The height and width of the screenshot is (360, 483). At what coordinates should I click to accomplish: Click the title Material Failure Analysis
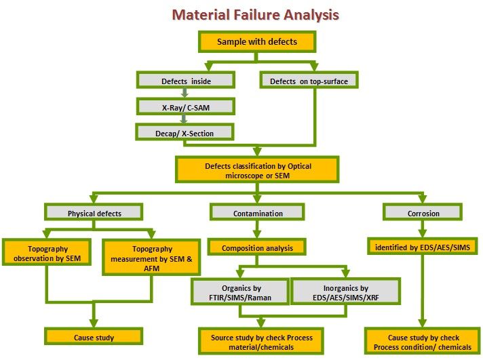pos(255,15)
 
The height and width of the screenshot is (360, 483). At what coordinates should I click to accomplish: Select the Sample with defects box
pos(257,41)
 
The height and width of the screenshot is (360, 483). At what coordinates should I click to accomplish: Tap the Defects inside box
pos(186,81)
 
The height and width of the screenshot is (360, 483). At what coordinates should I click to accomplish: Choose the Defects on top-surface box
pos(309,81)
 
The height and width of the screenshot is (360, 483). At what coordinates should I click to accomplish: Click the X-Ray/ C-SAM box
pos(186,106)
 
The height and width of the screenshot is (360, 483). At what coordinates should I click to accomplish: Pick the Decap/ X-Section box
pos(185,132)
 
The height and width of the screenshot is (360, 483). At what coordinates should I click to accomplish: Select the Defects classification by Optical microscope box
pos(257,169)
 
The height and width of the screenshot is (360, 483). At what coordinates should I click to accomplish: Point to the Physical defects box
pos(94,212)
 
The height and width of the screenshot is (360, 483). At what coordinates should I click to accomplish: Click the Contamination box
pos(257,212)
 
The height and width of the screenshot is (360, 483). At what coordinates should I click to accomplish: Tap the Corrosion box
pos(423,212)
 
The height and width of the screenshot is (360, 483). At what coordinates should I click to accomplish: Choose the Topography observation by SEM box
pos(47,252)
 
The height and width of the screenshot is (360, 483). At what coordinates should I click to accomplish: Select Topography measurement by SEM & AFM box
pos(151,258)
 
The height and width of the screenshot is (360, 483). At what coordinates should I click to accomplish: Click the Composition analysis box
pos(257,247)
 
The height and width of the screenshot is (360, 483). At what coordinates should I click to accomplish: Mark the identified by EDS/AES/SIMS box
pos(423,246)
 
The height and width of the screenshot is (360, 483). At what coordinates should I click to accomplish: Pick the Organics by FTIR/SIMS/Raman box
pos(240,292)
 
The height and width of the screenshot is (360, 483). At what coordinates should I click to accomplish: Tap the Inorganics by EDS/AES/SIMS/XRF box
pos(345,292)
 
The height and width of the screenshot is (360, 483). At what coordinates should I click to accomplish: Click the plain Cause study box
pos(94,336)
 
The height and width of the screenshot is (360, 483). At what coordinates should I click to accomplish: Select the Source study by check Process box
pos(261,341)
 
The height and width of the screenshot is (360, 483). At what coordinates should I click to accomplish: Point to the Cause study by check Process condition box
pos(423,341)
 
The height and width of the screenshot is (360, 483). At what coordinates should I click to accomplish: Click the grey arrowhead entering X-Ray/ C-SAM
pos(185,94)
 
